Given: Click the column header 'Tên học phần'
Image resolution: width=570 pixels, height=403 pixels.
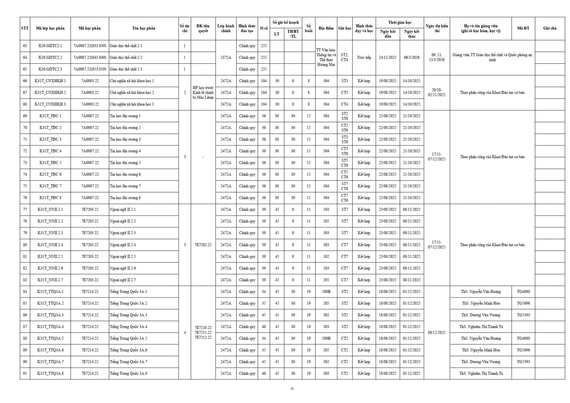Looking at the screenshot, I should point(144,28).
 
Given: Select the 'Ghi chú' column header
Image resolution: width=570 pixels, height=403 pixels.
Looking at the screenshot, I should point(550,28).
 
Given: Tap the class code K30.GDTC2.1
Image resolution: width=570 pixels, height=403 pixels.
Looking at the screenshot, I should point(50,46).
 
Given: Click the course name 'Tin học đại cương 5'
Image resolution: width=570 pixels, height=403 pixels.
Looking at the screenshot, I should point(125,163).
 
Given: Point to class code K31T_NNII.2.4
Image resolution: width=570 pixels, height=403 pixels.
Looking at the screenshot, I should point(50,245).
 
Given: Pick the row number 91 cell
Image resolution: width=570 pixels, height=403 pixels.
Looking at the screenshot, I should point(25,373).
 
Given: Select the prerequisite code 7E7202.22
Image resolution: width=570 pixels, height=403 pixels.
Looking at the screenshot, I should point(203,245).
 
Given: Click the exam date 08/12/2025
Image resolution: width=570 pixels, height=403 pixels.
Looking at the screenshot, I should point(436,333).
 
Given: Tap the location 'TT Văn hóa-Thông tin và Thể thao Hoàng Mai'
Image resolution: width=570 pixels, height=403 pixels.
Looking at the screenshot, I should point(326,57).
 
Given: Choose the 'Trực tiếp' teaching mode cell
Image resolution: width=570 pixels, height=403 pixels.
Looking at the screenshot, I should point(364,57).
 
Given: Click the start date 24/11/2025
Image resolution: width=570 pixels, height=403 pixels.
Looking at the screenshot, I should point(388,57).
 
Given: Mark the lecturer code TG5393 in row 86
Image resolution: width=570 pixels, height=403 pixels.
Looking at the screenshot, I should point(523,315).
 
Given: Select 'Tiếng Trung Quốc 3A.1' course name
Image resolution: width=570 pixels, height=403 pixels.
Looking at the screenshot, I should point(128,292).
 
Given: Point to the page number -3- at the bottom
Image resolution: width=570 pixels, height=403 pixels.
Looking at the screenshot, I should point(292,389).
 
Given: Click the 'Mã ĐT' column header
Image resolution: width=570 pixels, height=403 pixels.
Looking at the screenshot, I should point(523,28).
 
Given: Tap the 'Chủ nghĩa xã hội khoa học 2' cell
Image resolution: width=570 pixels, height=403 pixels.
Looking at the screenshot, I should point(132,93).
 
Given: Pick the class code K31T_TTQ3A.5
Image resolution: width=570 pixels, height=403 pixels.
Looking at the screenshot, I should point(50,338).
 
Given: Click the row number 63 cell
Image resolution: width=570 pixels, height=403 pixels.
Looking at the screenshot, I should point(25,46).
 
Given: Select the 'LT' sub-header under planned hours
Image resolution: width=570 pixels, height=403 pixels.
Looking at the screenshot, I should point(277,34).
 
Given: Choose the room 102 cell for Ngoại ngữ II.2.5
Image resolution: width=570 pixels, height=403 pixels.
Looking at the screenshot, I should point(326,257).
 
